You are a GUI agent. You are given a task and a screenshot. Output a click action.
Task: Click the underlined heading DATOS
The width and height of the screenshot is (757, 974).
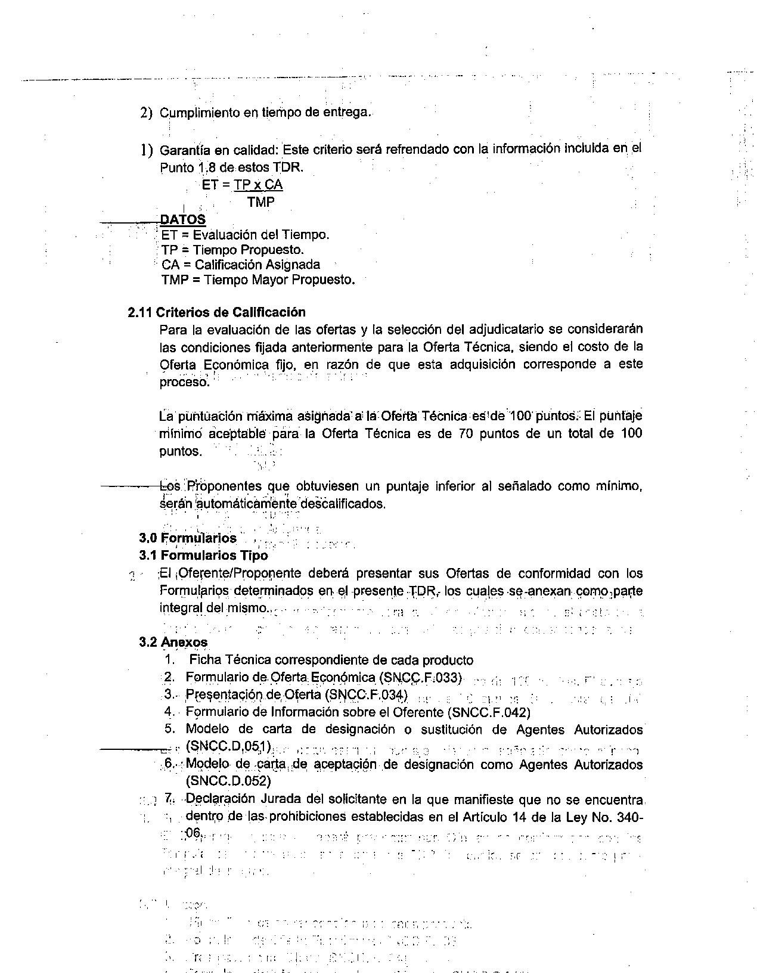[x=182, y=219]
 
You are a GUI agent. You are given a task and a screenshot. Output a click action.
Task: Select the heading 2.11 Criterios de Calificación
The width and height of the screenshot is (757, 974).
[x=216, y=312]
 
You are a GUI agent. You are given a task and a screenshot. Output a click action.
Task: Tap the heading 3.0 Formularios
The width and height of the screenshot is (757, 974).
[x=188, y=538]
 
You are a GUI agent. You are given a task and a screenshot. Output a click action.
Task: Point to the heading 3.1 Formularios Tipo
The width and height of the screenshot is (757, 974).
[x=203, y=556]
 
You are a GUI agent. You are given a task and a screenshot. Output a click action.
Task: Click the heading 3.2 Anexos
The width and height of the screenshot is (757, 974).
[x=173, y=642]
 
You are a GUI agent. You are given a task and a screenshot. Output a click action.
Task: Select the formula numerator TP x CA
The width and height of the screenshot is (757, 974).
[x=258, y=185]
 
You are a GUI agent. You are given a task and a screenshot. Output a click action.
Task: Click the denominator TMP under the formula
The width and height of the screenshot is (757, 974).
[x=261, y=203]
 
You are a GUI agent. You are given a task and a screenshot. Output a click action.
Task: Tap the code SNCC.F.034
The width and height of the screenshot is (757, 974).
[x=368, y=695]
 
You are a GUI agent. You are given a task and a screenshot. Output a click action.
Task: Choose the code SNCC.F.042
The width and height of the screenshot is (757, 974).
[x=491, y=712]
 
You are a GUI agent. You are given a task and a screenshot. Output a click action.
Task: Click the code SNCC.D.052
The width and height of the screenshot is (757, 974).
[x=228, y=781]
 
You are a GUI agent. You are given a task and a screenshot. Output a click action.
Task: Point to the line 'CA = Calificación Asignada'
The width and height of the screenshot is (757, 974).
[x=240, y=265]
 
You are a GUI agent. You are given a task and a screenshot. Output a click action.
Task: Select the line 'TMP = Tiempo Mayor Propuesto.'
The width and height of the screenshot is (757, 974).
[x=257, y=280]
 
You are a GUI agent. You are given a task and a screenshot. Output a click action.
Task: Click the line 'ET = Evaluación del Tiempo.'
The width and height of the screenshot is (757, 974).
[x=244, y=235]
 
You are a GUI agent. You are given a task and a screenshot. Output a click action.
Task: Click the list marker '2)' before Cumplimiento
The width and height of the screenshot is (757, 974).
[x=146, y=113]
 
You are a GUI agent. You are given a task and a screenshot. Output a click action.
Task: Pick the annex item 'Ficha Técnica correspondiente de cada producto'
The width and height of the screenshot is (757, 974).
[x=331, y=660]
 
